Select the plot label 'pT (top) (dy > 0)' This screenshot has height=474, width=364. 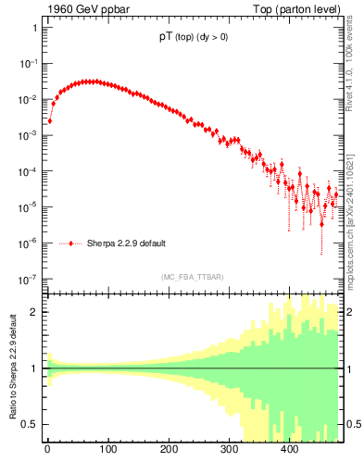click(190, 39)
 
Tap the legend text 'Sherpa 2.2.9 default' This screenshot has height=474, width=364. click(127, 244)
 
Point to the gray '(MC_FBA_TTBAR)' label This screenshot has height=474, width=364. click(192, 277)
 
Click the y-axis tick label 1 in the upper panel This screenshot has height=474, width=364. click(34, 28)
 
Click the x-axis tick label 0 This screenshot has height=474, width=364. click(47, 450)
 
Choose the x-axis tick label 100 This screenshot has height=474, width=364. click(107, 450)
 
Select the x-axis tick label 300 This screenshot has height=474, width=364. click(229, 450)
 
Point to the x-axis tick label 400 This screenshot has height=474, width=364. click(289, 450)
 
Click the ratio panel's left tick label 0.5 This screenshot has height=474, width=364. click(30, 425)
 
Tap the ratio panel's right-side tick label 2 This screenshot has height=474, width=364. click(346, 312)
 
